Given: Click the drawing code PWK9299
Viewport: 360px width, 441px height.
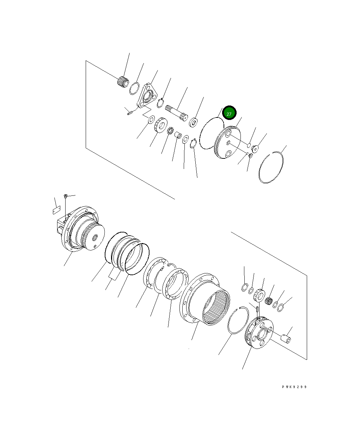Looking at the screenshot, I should [294, 387].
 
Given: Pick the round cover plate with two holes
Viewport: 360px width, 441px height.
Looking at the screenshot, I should [227, 143].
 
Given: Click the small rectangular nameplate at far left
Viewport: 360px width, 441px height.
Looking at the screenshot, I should [56, 211].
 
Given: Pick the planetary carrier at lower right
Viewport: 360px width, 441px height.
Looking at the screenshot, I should [259, 333].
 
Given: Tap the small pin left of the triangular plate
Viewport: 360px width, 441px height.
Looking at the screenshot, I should [130, 113].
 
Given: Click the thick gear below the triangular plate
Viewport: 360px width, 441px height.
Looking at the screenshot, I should [160, 125].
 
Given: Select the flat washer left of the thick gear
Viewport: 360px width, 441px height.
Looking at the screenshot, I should [151, 120].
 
